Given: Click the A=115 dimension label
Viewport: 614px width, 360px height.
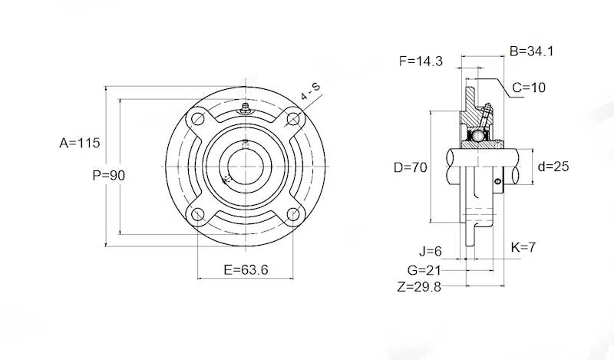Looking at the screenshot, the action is coord(80,143).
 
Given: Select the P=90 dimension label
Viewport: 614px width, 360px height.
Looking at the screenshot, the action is coord(109,175).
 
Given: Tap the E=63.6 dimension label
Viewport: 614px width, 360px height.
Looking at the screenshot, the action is coord(246,269).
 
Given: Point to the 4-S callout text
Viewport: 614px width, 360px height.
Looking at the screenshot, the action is coord(310,91).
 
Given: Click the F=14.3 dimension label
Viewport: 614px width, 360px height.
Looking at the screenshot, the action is coord(421,61).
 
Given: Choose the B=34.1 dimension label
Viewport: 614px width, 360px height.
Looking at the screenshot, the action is coord(531,51).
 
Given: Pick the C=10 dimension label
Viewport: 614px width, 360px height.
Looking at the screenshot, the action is coord(529,88).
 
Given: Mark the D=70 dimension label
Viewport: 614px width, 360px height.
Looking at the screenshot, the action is coord(411,167).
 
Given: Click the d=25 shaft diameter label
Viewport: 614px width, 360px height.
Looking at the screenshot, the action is coord(553,167).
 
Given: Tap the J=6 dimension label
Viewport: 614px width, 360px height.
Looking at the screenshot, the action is coord(431,251).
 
